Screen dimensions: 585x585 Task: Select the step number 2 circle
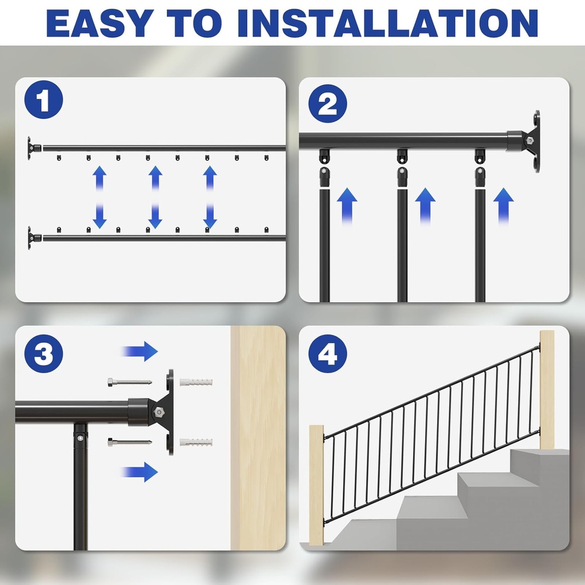click(x=327, y=105)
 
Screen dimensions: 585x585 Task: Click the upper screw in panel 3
click(x=129, y=382)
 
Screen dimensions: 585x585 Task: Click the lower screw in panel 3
click(x=129, y=442)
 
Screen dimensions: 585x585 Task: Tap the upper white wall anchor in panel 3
click(x=195, y=382)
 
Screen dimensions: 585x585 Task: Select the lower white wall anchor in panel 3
click(x=195, y=442)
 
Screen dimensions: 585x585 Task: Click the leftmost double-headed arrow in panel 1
click(x=100, y=197)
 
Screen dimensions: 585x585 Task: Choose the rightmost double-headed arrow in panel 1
click(x=210, y=197)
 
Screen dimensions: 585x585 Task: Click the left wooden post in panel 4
click(x=316, y=484)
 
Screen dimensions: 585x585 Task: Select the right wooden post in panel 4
click(x=547, y=388)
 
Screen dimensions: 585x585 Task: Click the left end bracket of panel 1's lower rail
click(x=33, y=236)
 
